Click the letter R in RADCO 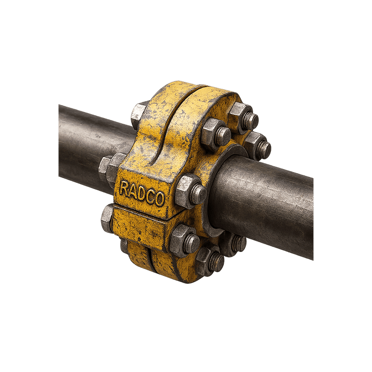pos(123,188)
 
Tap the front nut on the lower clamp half pos(184,241)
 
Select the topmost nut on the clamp pos(243,118)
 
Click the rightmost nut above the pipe pos(258,146)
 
